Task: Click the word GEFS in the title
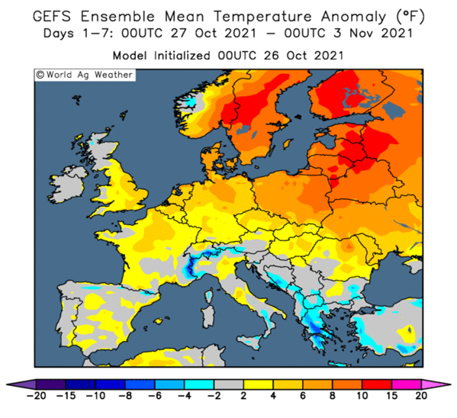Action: click(x=52, y=16)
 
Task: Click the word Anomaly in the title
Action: click(x=353, y=17)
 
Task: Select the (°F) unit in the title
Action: click(x=410, y=17)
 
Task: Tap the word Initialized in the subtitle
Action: click(x=182, y=56)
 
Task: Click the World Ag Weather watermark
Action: click(x=85, y=75)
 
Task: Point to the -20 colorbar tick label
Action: click(x=36, y=396)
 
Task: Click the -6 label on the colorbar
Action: click(x=155, y=396)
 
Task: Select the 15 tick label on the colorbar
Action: click(x=391, y=396)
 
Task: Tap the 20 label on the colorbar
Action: click(x=421, y=396)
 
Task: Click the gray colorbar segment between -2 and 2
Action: click(x=229, y=384)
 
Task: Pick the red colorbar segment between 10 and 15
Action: click(x=377, y=384)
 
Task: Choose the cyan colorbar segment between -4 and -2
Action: click(x=199, y=384)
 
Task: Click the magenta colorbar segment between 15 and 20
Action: click(x=407, y=384)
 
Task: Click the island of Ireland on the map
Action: click(x=68, y=184)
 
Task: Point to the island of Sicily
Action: click(x=250, y=339)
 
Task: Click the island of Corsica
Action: click(x=210, y=295)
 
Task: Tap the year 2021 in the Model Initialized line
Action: click(x=329, y=56)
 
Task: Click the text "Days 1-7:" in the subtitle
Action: click(x=79, y=34)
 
